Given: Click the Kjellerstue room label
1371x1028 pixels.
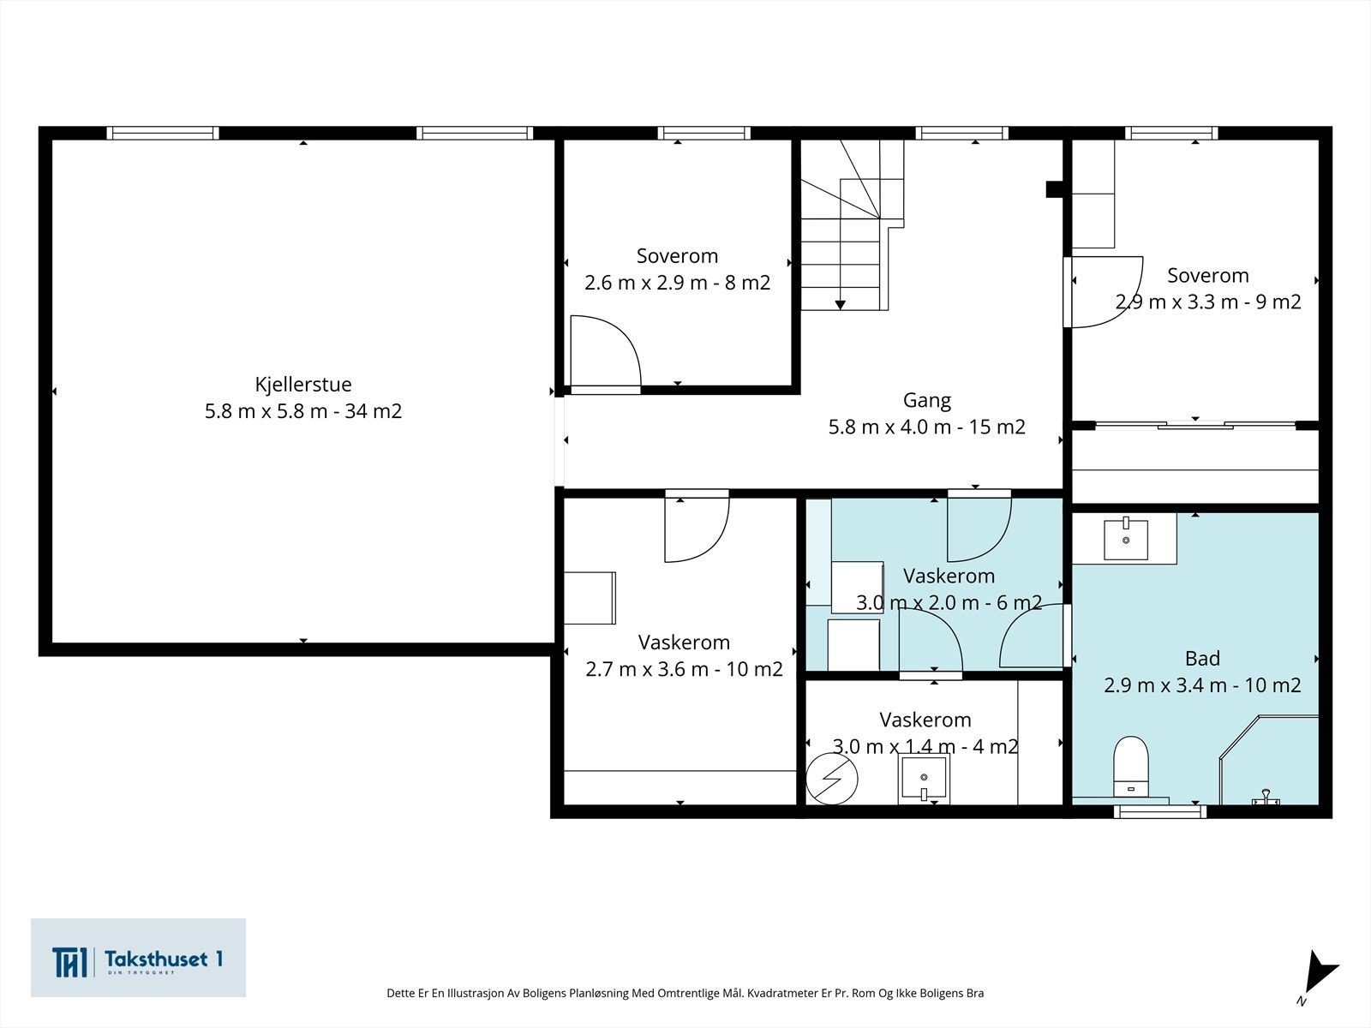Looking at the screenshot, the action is click(303, 384).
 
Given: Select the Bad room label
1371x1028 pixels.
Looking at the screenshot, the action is click(1202, 659).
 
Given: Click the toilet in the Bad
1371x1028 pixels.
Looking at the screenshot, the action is click(1131, 767).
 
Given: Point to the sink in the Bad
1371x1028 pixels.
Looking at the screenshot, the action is click(1126, 538).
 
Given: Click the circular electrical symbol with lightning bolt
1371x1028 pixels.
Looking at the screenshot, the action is click(831, 779).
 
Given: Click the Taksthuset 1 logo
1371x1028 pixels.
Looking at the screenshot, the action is click(138, 958).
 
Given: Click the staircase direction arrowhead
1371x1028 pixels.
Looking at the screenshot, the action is click(840, 305).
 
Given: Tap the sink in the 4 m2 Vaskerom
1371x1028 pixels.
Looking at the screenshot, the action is click(924, 779).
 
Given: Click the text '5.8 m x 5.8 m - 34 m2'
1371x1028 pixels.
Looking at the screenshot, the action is click(303, 411).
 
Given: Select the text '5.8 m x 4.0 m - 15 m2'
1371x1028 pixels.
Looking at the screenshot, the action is click(927, 427).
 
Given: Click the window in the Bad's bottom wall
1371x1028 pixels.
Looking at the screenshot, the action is click(1160, 811).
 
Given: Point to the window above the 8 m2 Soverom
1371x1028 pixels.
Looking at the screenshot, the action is click(704, 133).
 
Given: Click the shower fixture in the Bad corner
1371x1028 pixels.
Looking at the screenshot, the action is click(1266, 797).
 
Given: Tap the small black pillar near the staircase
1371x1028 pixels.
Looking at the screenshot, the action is click(1055, 189).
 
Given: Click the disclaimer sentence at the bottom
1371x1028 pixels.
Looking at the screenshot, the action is click(685, 993).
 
